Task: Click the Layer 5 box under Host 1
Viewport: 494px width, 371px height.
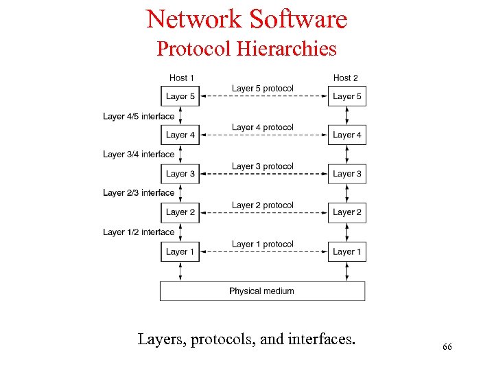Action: point(180,96)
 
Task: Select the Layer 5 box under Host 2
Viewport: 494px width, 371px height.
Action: point(346,96)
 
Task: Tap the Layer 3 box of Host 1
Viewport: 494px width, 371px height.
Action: point(180,174)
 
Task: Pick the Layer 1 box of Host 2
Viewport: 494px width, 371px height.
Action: point(346,251)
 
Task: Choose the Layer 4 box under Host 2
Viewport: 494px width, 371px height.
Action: point(346,135)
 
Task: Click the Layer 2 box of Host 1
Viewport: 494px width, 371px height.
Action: point(180,212)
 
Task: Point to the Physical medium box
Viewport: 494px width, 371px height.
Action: point(262,291)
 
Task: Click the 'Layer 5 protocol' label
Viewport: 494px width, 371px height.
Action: point(262,88)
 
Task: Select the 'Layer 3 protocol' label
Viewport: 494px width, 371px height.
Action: point(262,166)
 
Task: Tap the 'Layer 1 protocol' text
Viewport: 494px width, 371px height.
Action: point(262,244)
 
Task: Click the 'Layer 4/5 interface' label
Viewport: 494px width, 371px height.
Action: point(139,116)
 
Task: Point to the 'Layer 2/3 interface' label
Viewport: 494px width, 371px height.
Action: point(139,193)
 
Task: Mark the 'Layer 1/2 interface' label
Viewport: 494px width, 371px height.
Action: point(139,232)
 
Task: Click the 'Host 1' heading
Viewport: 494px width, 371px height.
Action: point(182,78)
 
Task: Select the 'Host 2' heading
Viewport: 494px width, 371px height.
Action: point(345,78)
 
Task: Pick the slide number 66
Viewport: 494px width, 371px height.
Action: point(447,347)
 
